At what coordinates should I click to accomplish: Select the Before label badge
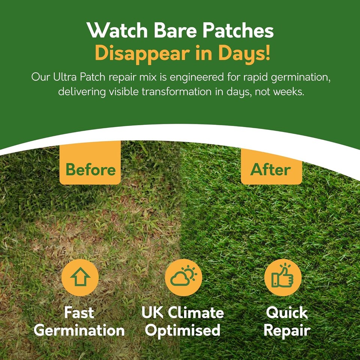click(90, 169)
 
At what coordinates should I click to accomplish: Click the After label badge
click(271, 169)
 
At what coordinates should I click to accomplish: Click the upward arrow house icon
click(80, 277)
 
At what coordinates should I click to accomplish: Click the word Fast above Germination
click(79, 313)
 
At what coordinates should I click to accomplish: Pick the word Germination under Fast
click(79, 330)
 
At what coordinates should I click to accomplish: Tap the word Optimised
click(183, 330)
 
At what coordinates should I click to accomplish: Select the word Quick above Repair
click(287, 313)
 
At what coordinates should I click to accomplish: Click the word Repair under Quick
click(287, 330)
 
